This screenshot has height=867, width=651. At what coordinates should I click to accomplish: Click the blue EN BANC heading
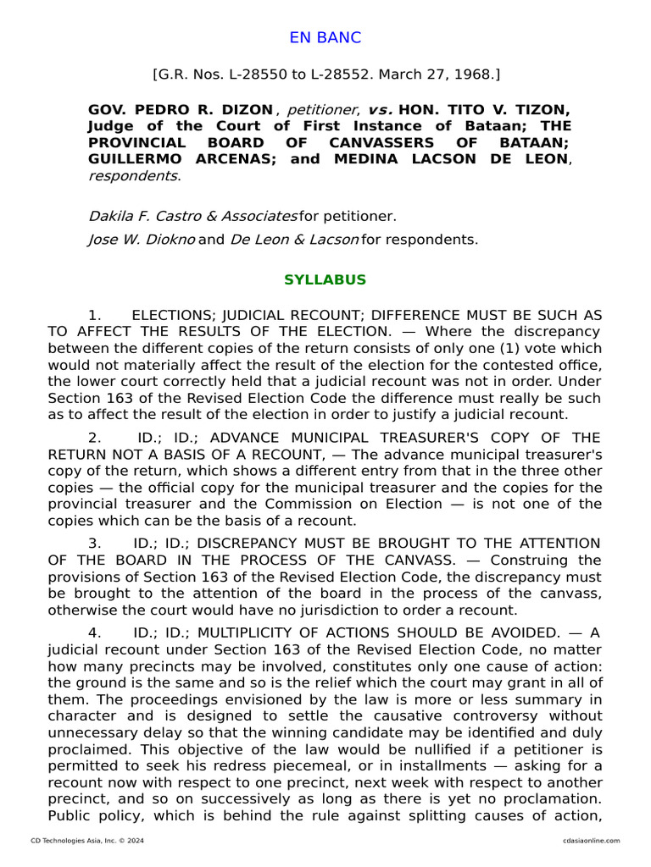(325, 37)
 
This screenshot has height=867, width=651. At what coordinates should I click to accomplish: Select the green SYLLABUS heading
(325, 279)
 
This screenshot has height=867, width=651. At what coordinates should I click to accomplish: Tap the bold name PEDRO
(151, 110)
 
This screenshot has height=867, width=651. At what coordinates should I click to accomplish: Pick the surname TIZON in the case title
(542, 110)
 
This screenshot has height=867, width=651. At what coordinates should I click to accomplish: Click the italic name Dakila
(112, 216)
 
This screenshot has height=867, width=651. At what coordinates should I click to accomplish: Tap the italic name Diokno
(172, 239)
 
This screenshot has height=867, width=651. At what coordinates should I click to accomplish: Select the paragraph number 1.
(96, 315)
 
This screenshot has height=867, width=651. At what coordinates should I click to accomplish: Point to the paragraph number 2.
(96, 437)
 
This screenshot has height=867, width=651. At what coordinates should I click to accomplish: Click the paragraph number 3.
(96, 543)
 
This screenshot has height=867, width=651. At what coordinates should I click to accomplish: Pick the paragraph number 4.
(96, 632)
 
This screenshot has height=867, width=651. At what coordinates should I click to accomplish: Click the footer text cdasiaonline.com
(591, 841)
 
